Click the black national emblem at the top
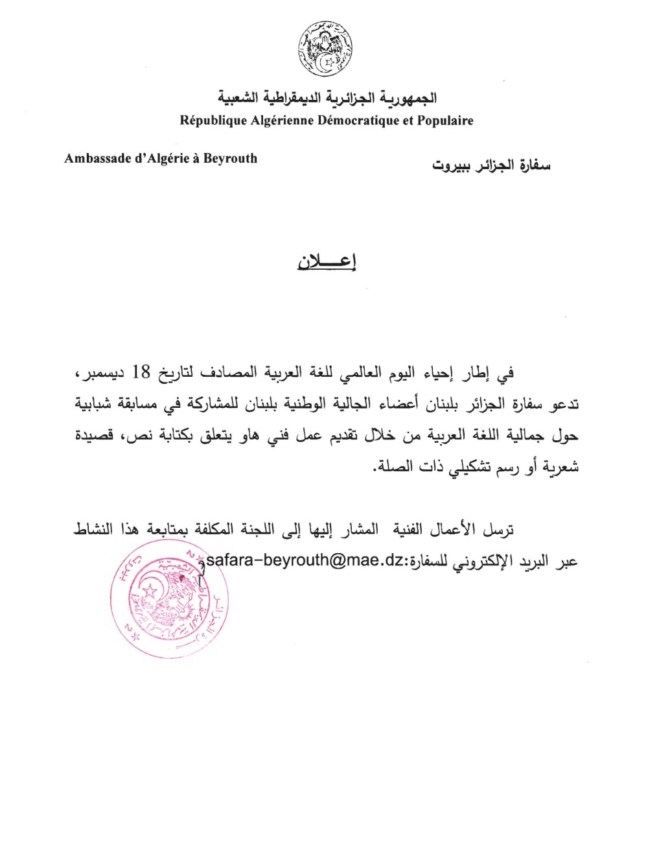coord(325,49)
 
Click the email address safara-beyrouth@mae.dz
coord(305,560)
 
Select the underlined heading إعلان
coord(327,261)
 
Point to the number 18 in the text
coord(141,372)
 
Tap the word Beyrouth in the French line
coord(230,158)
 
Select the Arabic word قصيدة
coord(95,434)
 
